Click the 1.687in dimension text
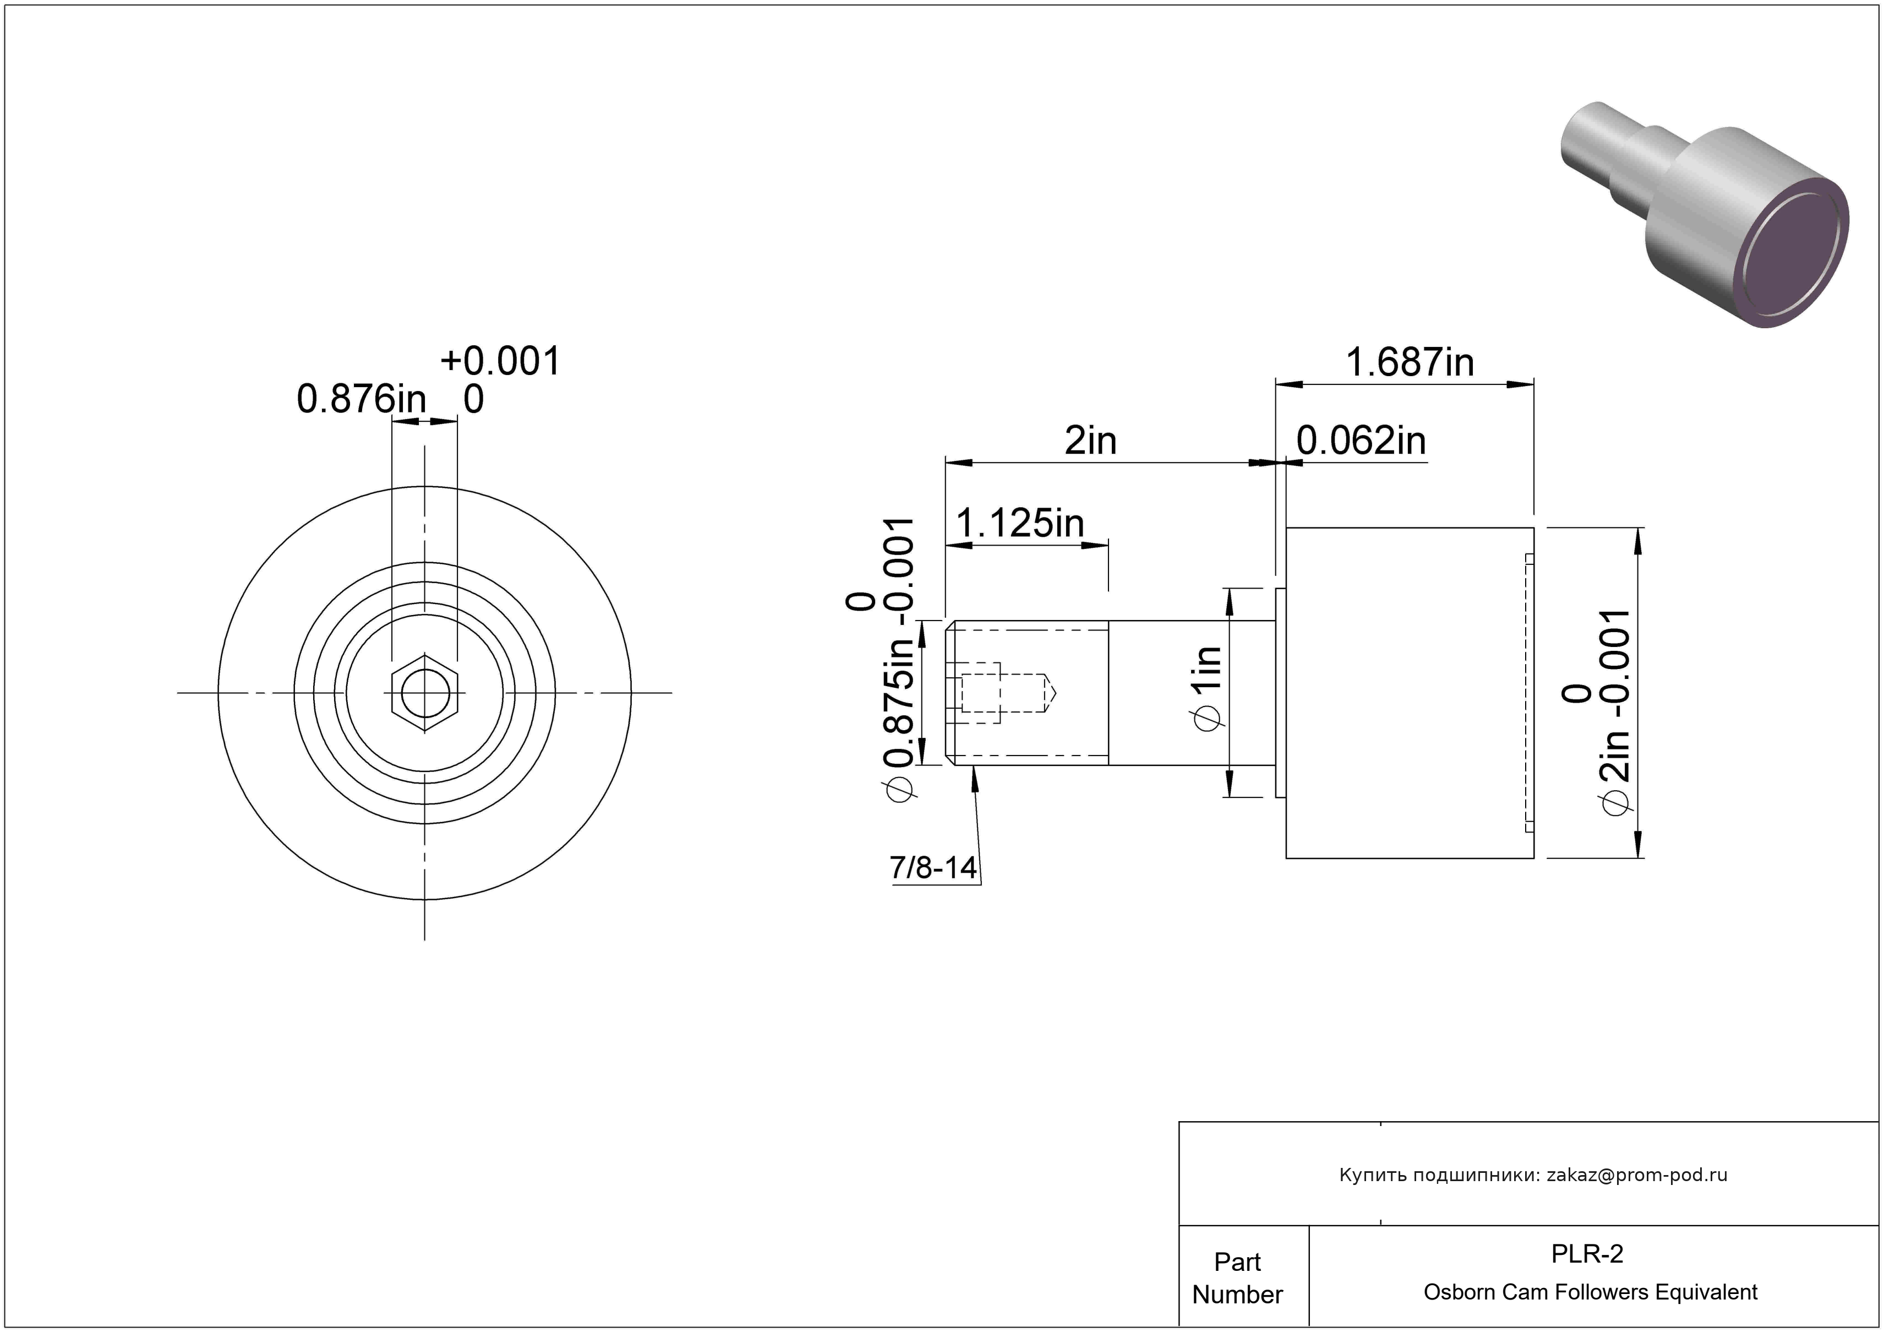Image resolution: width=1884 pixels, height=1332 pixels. pos(1410,362)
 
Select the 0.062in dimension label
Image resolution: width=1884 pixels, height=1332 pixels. pos(1361,441)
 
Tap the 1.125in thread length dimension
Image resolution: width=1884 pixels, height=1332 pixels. pos(1020,523)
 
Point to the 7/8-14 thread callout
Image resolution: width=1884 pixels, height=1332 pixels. pos(934,867)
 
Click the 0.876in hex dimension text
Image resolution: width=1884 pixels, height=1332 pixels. pos(362,400)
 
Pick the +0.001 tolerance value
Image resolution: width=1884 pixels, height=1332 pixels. pos(500,361)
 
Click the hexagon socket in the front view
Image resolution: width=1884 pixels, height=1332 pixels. pos(424,693)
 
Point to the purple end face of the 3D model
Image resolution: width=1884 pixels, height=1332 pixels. pos(1794,256)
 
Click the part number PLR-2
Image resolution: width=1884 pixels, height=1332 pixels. pos(1587,1254)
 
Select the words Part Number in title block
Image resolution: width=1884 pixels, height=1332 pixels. pos(1237,1278)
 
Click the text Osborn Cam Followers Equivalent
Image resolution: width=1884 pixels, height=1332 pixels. pos(1590,1292)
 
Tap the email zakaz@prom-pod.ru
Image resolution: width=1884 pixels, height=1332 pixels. pos(1637,1175)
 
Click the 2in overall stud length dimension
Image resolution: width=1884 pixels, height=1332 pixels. pos(1090,441)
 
